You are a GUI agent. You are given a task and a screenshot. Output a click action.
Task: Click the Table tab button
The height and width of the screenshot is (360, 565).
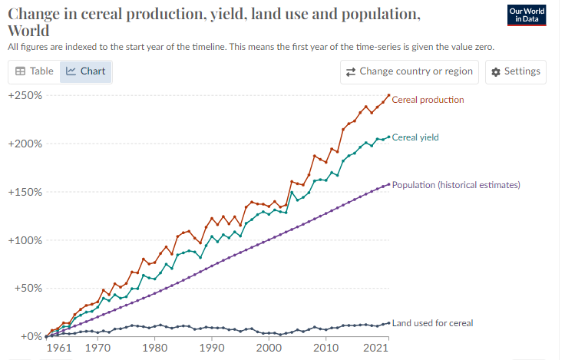click(x=35, y=71)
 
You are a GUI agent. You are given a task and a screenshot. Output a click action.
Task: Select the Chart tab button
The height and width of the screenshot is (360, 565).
click(x=85, y=71)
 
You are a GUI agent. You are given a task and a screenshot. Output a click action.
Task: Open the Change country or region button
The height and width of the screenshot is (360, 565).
click(x=410, y=71)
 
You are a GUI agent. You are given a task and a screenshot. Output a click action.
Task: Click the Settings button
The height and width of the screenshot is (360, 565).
click(x=516, y=71)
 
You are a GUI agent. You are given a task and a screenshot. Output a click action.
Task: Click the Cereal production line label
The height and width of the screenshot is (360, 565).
click(x=428, y=100)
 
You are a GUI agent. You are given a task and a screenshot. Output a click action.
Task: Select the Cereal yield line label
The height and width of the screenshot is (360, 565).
click(x=415, y=137)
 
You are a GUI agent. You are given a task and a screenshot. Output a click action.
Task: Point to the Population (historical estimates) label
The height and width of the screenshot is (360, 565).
click(x=456, y=185)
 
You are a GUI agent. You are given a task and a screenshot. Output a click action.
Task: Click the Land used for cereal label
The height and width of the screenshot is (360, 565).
click(x=432, y=323)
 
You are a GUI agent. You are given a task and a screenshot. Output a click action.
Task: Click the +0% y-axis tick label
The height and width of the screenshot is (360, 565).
click(x=30, y=336)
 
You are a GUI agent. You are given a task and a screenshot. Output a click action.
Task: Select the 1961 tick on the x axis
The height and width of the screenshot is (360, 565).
click(x=59, y=348)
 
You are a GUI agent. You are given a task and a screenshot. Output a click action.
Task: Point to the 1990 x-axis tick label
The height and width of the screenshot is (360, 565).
click(x=211, y=348)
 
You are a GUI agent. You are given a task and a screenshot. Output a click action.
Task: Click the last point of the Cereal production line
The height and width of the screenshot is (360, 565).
click(x=388, y=95)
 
